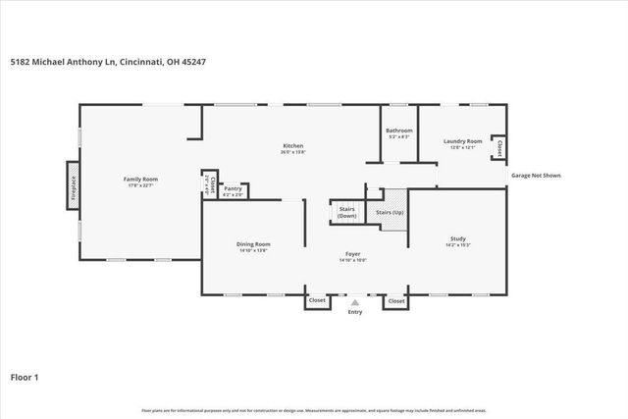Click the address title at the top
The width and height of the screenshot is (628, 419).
(x=107, y=62)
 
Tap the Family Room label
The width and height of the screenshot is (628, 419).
(x=140, y=180)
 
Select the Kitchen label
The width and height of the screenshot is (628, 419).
(x=292, y=146)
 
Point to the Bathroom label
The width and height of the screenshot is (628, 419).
(x=398, y=131)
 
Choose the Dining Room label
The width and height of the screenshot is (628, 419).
(x=252, y=244)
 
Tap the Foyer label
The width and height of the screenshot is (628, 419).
(x=352, y=254)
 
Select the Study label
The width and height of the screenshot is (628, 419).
(x=457, y=238)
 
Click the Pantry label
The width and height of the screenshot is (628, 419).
(x=234, y=189)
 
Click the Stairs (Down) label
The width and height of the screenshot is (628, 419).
(x=346, y=212)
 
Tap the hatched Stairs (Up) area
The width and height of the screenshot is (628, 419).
(x=393, y=217)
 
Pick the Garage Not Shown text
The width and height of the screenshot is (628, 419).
(x=536, y=176)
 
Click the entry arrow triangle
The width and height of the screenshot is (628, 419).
(x=355, y=303)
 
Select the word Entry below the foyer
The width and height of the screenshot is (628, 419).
(x=355, y=313)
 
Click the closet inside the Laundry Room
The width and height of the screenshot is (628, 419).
(x=498, y=148)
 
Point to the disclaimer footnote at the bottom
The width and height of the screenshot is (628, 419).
(x=314, y=410)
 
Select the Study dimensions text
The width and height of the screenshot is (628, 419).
(x=457, y=244)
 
